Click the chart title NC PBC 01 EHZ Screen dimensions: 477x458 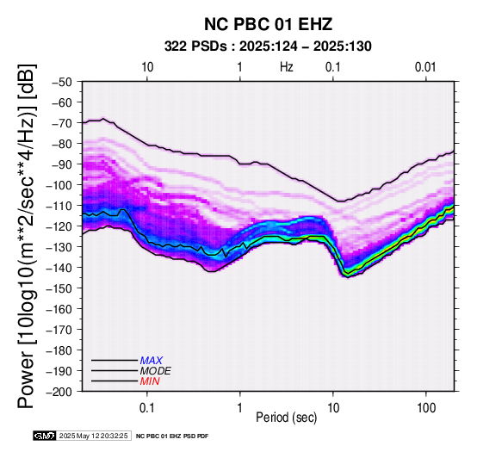268,24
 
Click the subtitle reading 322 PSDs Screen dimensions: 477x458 195,46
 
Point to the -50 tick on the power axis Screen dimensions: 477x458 63,82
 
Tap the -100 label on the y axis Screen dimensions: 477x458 60,185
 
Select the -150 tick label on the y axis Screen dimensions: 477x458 60,288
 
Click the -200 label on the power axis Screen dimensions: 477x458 60,392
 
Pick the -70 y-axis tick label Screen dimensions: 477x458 63,123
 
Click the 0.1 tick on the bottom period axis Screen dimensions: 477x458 147,408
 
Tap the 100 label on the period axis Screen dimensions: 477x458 426,408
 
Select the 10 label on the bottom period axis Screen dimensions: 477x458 333,408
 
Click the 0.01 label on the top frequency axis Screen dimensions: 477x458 425,67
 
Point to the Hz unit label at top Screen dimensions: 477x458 287,67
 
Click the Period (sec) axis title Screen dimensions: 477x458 286,418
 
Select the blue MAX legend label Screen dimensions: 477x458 151,361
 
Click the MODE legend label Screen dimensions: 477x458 155,371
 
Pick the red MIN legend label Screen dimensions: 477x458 150,381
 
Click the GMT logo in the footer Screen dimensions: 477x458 45,436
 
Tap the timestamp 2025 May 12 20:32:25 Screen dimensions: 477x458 93,436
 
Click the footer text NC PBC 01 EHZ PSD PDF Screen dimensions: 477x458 172,436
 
